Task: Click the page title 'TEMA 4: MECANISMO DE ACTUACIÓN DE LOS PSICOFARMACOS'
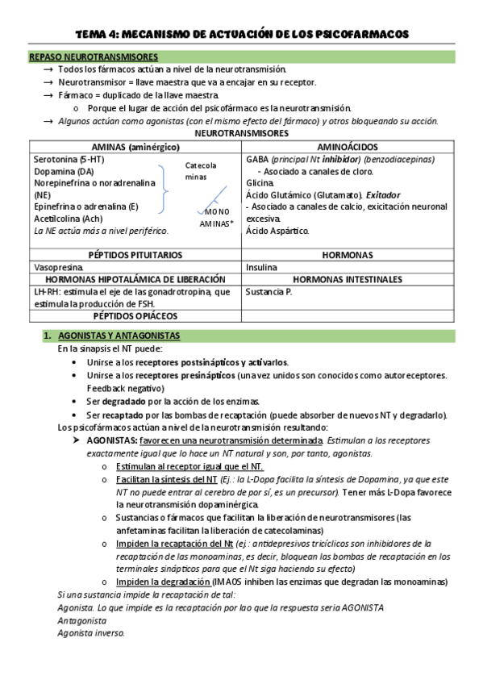[242, 34]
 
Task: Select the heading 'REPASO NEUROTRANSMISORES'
[93, 57]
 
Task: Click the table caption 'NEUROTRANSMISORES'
[241, 133]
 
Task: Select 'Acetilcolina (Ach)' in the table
[69, 218]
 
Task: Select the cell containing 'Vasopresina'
[60, 267]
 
